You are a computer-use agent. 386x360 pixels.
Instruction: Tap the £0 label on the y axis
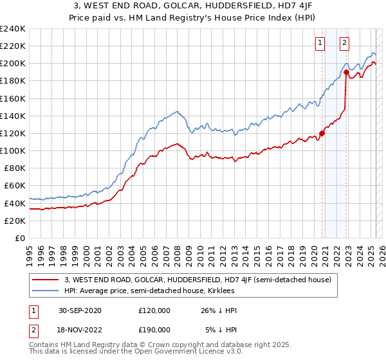[19, 238]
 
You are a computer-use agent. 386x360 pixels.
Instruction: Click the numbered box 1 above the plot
[320, 43]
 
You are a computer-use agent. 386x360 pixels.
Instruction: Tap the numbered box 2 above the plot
[344, 43]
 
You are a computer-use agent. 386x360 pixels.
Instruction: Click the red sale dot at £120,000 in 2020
[322, 134]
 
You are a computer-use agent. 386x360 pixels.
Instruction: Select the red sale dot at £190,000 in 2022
[346, 73]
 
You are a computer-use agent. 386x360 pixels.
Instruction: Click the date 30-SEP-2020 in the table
[80, 310]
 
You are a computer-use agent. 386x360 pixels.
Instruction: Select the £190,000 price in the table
[154, 329]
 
